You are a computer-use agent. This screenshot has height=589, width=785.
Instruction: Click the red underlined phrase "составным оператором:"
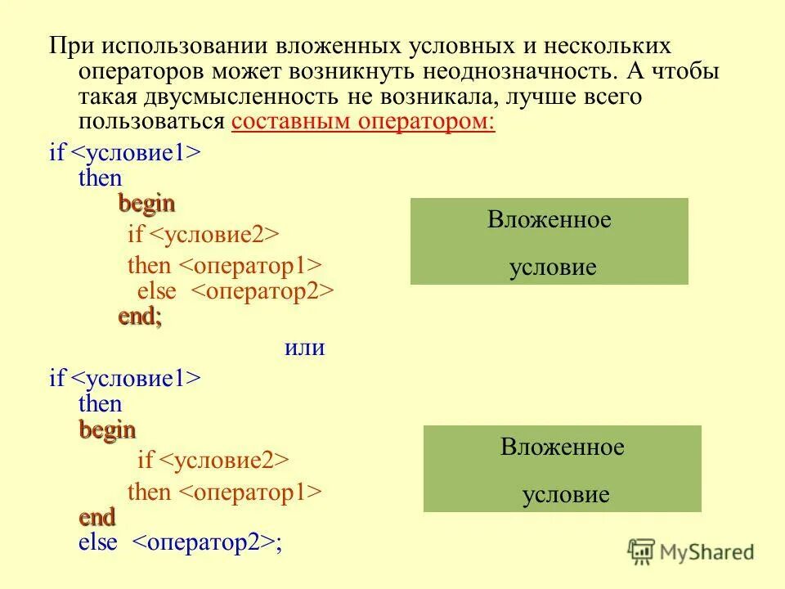(364, 123)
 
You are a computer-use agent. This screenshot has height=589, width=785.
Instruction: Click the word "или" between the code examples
(305, 348)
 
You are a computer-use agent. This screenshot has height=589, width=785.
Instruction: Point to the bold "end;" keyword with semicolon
(140, 317)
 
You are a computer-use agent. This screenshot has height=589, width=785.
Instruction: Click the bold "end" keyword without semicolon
(97, 517)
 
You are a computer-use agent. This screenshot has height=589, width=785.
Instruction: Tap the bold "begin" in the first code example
(146, 203)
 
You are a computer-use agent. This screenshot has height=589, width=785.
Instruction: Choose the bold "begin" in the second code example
(107, 429)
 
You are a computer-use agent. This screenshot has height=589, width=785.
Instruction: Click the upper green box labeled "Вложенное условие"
(549, 241)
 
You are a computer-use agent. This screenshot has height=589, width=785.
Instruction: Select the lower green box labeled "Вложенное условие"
(562, 469)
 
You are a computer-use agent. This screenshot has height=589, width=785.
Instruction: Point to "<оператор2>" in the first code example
(262, 292)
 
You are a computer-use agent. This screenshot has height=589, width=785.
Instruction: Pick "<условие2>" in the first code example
(216, 235)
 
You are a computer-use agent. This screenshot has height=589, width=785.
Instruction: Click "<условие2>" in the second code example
(225, 460)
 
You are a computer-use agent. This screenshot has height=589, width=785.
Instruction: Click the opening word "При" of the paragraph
(68, 45)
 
